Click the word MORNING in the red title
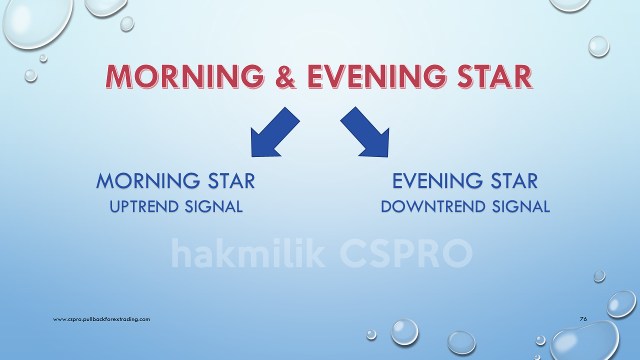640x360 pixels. click(x=184, y=76)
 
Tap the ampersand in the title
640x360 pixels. click(x=285, y=76)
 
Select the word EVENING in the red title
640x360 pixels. click(x=377, y=76)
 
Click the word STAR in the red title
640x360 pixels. click(x=495, y=76)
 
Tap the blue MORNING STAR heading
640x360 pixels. click(x=175, y=180)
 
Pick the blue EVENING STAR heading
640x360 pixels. click(x=465, y=180)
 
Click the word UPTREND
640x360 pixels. click(x=144, y=206)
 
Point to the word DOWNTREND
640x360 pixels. click(x=433, y=206)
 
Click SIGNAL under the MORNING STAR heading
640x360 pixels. click(x=213, y=206)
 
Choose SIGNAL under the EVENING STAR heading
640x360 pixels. click(x=521, y=206)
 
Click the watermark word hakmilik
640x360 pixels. click(x=248, y=253)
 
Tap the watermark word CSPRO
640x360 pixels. click(x=406, y=253)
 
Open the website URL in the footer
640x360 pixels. click(x=101, y=319)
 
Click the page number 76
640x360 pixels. click(x=583, y=319)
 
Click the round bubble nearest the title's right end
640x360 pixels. click(x=599, y=46)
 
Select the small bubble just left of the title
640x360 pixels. click(x=30, y=75)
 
